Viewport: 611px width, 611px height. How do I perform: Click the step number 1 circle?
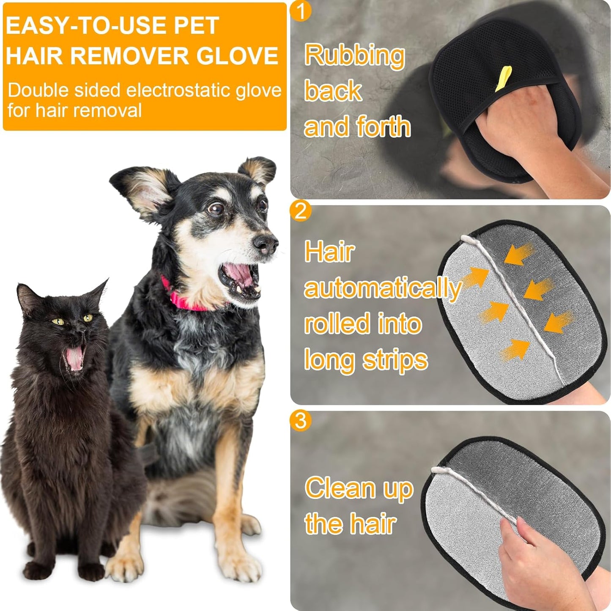click(x=301, y=11)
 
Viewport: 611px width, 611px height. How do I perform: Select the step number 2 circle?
click(x=301, y=210)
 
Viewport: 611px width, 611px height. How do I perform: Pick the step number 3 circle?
click(x=301, y=420)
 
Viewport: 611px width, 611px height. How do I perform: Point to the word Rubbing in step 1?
click(x=354, y=55)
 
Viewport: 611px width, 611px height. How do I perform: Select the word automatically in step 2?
click(x=382, y=288)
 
